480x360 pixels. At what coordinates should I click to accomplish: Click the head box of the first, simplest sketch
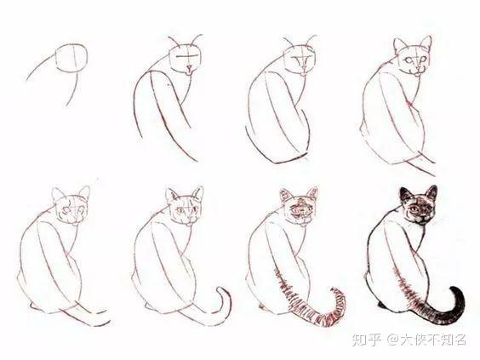pos(71,58)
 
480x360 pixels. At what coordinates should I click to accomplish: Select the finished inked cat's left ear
pos(405,196)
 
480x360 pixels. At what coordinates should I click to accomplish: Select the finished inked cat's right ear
pos(431,193)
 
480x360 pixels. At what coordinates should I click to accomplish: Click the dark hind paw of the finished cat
pos(381,305)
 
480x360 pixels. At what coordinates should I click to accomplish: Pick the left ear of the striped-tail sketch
pos(286,196)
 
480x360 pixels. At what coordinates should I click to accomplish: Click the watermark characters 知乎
pos(367,340)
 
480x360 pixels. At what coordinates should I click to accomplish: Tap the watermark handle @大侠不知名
pos(426,340)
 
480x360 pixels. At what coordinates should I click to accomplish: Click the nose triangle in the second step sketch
pos(189,66)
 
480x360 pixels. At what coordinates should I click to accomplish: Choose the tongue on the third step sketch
pos(302,74)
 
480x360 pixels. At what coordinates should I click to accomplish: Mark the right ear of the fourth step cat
pos(426,43)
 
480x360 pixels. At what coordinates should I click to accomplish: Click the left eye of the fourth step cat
pos(409,60)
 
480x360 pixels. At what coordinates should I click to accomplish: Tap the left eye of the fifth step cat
pos(66,210)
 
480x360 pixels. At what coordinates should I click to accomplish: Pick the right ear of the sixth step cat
pos(197,195)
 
